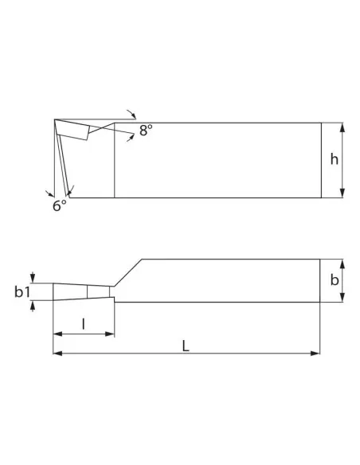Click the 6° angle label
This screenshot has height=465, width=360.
pyautogui.click(x=60, y=205)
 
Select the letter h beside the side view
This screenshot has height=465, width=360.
pyautogui.click(x=335, y=159)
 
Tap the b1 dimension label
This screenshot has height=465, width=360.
pyautogui.click(x=22, y=292)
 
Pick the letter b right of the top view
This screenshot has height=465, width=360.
pyautogui.click(x=335, y=280)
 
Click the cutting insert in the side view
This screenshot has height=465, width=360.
pyautogui.click(x=73, y=129)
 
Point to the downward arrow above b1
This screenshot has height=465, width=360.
pyautogui.click(x=32, y=277)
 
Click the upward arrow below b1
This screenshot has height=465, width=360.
pyautogui.click(x=32, y=307)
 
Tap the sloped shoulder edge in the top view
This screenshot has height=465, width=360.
pyautogui.click(x=128, y=272)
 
